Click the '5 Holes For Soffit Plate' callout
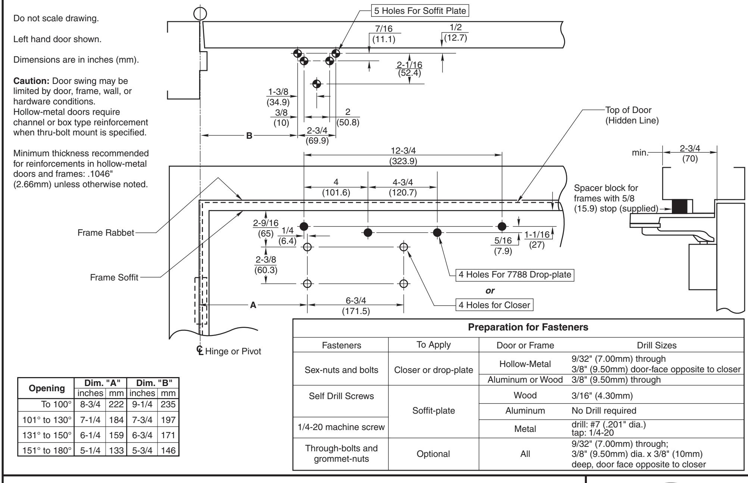(x=420, y=11)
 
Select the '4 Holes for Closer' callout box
(x=495, y=305)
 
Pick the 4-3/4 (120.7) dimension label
(x=403, y=188)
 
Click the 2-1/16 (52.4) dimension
(x=409, y=69)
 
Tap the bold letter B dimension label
(x=249, y=136)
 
